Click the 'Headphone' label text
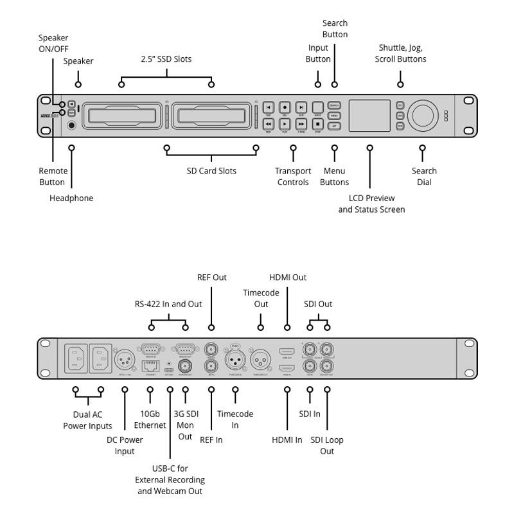click(x=71, y=198)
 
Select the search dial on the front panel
click(x=423, y=115)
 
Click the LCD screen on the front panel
click(x=369, y=116)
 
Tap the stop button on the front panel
click(x=317, y=123)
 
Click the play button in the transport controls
click(x=285, y=123)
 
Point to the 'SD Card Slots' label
click(x=211, y=171)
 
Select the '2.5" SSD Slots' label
click(x=166, y=59)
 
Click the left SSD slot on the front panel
click(x=121, y=116)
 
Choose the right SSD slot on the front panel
click(x=211, y=116)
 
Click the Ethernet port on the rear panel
click(x=150, y=366)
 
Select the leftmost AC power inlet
click(x=75, y=357)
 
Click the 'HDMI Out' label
click(x=287, y=278)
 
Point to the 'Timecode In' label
click(x=235, y=420)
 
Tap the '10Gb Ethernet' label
click(x=150, y=420)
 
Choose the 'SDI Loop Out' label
click(x=327, y=445)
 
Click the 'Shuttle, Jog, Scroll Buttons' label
click(x=400, y=53)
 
